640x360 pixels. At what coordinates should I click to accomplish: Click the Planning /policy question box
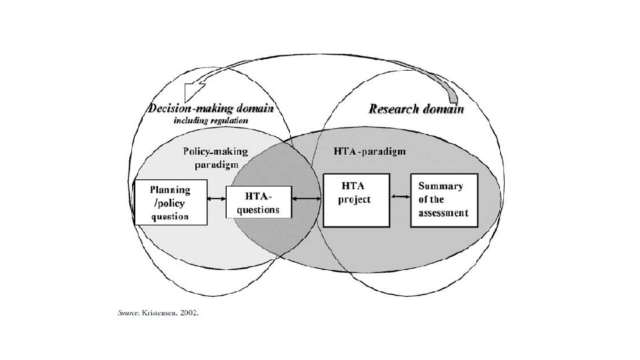coord(171,202)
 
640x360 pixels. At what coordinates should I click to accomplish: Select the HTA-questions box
coord(259,202)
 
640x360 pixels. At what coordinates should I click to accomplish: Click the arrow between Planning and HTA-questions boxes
coord(217,199)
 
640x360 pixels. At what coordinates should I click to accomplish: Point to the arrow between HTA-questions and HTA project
coord(307,199)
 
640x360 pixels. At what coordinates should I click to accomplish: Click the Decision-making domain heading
coord(211,109)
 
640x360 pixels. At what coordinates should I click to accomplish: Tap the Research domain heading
coord(417,109)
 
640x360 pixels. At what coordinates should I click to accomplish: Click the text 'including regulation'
coord(211,121)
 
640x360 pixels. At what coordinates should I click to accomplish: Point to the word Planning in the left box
coord(169,189)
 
